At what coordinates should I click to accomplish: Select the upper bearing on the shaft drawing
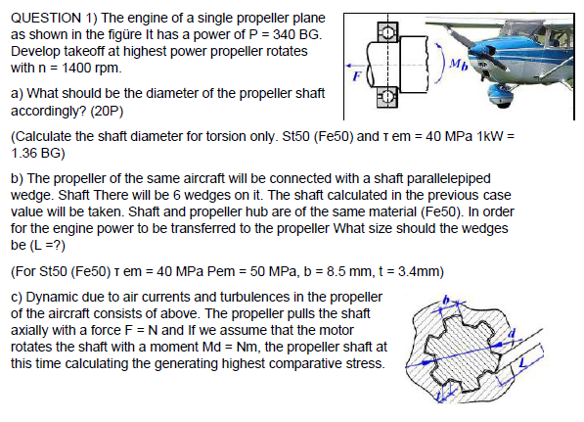point(389,31)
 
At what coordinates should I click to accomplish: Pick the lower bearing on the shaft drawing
point(389,96)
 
